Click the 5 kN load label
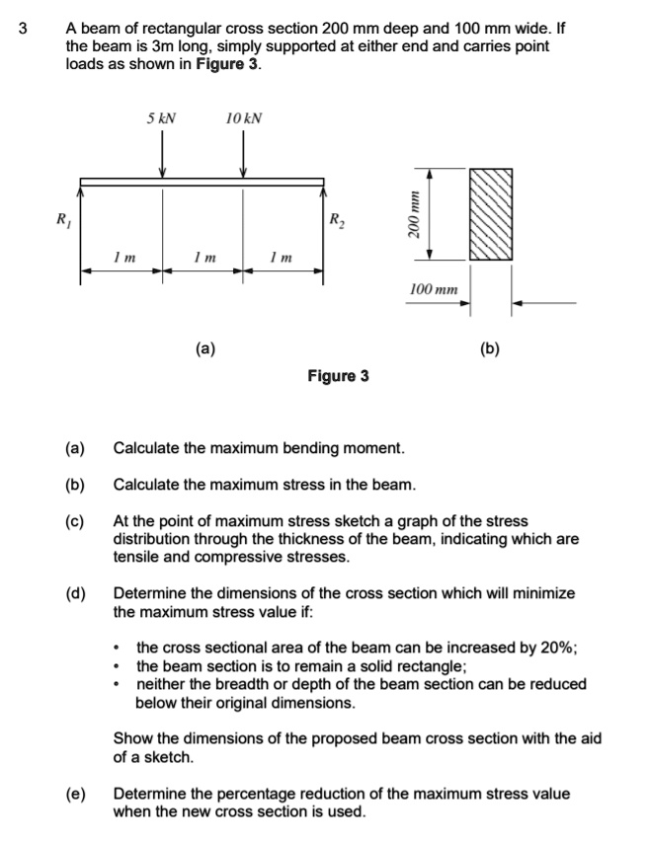[x=161, y=118]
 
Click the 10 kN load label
[x=243, y=118]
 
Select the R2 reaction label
[x=337, y=219]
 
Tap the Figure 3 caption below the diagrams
[x=338, y=376]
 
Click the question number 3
[x=23, y=29]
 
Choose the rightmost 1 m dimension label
[x=282, y=258]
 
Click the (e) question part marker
[x=75, y=794]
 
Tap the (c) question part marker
[x=75, y=520]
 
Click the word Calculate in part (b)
[x=145, y=485]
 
